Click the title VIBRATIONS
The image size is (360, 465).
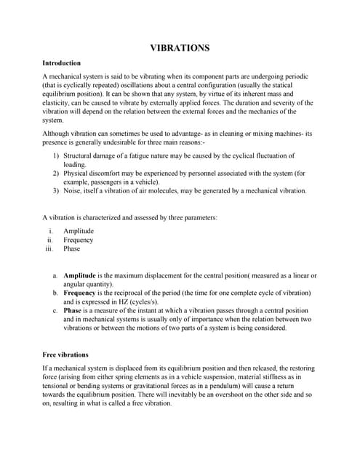click(x=180, y=48)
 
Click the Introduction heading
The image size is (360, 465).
click(x=61, y=63)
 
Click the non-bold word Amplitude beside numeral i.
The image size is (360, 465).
click(x=79, y=231)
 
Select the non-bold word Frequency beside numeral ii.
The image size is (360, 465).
click(x=79, y=240)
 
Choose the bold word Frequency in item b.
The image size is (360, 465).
click(x=80, y=293)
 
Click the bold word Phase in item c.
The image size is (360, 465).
click(x=73, y=310)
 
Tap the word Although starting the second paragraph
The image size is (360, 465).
click(x=56, y=134)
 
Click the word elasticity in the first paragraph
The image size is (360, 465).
click(x=57, y=103)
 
